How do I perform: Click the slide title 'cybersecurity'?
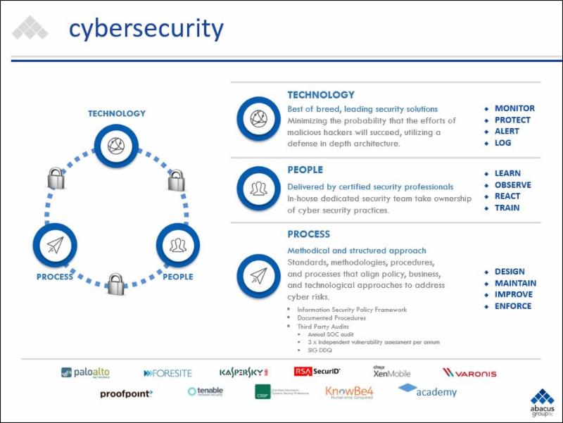pos(146,29)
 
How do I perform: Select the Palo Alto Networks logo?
pos(86,372)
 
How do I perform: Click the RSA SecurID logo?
pos(317,371)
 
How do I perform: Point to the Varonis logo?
pos(469,372)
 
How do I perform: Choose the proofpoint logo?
pos(126,393)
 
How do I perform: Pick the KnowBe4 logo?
pos(348,393)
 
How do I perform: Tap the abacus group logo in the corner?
pos(542,403)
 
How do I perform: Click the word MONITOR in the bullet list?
pos(514,108)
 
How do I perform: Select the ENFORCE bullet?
pos(513,306)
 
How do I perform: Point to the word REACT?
pos(507,196)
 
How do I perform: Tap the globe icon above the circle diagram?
pos(116,146)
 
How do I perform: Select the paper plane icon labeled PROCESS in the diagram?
pos(55,244)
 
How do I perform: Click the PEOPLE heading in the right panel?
pos(305,170)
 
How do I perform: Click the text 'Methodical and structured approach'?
pos(356,251)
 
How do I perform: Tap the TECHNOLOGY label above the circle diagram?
pos(117,113)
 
